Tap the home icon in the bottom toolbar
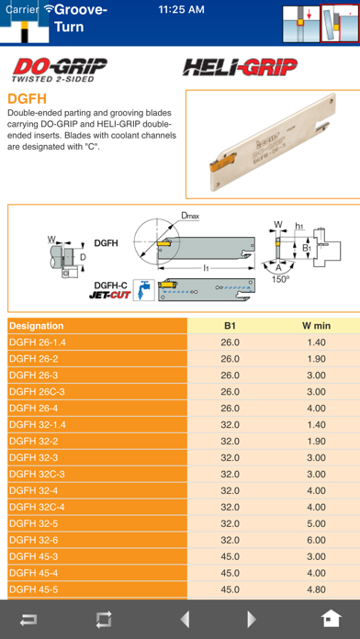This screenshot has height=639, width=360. pos(332,620)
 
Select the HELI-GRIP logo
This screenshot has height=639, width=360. pos(240,67)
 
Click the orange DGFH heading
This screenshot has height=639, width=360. pos(28,99)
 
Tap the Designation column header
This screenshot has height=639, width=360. pos(37,326)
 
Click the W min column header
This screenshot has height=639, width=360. pos(316,326)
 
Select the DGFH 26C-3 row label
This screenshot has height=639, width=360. pos(37,392)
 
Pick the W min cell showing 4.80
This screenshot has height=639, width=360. pos(316,589)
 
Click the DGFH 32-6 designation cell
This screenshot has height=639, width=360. pos(33,541)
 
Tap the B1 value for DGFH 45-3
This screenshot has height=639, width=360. pos(230,556)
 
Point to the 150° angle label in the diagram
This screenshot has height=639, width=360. pos(280,279)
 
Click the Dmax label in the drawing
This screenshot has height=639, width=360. pos(190,215)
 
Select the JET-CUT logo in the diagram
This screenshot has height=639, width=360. pos(110,295)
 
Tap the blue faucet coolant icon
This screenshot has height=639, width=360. pos(144,290)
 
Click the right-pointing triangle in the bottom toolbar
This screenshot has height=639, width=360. pos(252,620)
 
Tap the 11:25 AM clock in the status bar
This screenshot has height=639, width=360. pos(182,10)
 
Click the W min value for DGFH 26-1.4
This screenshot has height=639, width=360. pos(316,342)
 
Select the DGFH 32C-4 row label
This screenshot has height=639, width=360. pos(37,508)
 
